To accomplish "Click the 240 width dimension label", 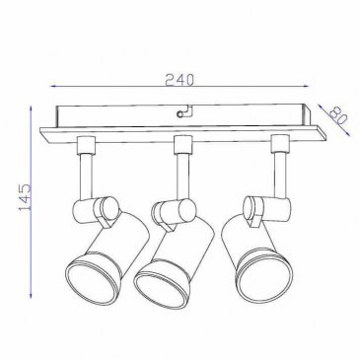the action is [180, 80].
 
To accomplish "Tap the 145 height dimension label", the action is [25, 197].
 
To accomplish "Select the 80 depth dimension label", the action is [337, 116].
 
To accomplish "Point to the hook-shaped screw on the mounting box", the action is [183, 111].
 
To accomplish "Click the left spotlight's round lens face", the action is [92, 282].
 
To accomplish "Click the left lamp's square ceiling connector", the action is [86, 145].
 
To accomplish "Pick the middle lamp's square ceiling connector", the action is [182, 145].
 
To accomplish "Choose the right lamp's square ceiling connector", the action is [280, 143].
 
